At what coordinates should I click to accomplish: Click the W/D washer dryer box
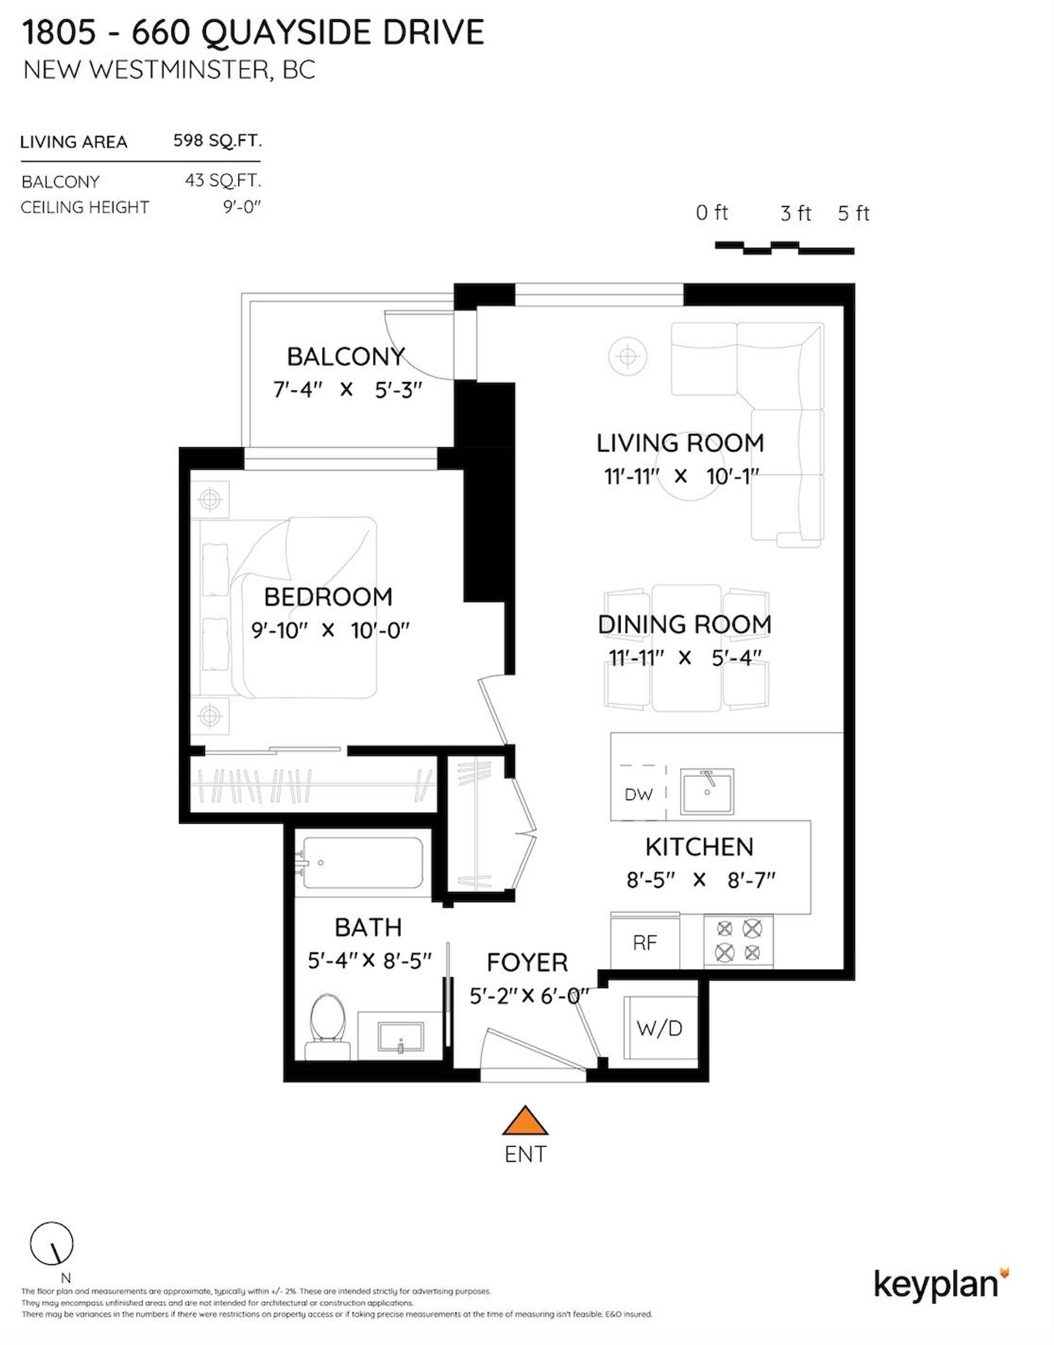[x=660, y=1028]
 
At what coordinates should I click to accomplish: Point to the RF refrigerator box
[x=645, y=943]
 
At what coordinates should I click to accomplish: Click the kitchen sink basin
[x=707, y=792]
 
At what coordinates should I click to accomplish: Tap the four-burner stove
[x=738, y=942]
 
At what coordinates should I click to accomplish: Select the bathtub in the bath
[x=360, y=862]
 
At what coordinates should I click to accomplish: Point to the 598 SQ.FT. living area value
[x=217, y=141]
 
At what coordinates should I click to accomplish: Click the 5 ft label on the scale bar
[x=854, y=214]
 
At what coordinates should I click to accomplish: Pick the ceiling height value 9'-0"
[x=243, y=206]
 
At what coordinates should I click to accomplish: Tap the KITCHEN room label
[x=700, y=847]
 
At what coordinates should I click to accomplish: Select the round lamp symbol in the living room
[x=627, y=356]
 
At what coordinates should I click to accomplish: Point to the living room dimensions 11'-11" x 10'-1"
[x=681, y=477]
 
